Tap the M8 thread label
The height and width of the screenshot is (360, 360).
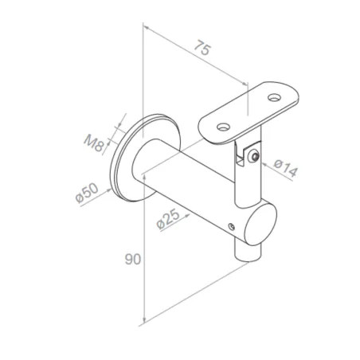(x=94, y=143)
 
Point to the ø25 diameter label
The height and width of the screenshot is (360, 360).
(x=166, y=218)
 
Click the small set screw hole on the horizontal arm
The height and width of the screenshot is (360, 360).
(x=231, y=227)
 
